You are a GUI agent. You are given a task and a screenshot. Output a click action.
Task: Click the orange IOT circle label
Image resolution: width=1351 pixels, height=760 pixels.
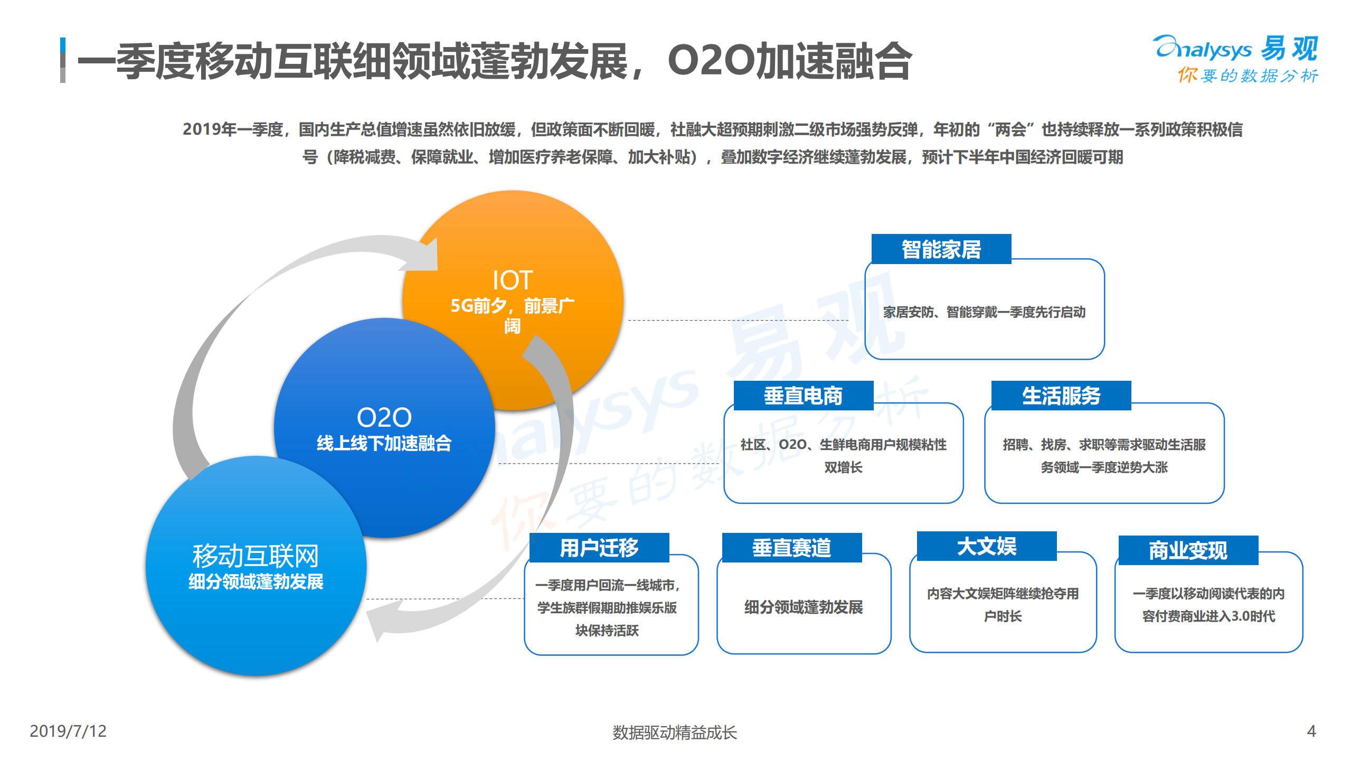pyautogui.click(x=512, y=280)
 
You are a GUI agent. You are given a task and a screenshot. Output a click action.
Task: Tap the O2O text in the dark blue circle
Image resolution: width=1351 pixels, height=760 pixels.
pyautogui.click(x=384, y=418)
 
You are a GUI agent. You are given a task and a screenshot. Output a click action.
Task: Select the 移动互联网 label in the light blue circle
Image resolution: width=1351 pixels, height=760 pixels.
pyautogui.click(x=256, y=556)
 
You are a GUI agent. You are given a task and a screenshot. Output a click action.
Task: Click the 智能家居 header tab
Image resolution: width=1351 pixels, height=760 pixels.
pyautogui.click(x=941, y=249)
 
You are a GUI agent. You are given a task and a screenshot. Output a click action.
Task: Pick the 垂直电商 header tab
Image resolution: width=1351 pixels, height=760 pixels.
pyautogui.click(x=803, y=396)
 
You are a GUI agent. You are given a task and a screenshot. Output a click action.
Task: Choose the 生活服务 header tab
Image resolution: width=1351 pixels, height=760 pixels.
pyautogui.click(x=1061, y=396)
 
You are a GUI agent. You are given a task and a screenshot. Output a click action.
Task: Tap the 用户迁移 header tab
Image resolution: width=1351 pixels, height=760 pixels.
pyautogui.click(x=599, y=548)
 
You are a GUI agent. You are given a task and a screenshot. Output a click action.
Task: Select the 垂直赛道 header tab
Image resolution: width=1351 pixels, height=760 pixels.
pyautogui.click(x=791, y=548)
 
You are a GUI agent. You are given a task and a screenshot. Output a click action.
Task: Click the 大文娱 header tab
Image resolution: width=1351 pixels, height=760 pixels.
pyautogui.click(x=986, y=546)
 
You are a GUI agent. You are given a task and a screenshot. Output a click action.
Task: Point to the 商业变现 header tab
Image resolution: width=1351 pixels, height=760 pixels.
pyautogui.click(x=1188, y=550)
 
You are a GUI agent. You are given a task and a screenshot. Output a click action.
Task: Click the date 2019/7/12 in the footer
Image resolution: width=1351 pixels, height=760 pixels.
pyautogui.click(x=68, y=731)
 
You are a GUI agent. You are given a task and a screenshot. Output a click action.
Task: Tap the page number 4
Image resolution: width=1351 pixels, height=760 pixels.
pyautogui.click(x=1311, y=731)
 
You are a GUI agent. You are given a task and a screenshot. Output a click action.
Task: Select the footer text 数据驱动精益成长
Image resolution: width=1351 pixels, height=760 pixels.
pyautogui.click(x=674, y=732)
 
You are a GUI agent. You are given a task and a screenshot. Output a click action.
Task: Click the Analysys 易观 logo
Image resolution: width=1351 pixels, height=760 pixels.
pyautogui.click(x=1235, y=49)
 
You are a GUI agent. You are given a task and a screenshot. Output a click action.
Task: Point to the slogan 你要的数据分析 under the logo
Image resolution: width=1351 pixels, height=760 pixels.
pyautogui.click(x=1247, y=76)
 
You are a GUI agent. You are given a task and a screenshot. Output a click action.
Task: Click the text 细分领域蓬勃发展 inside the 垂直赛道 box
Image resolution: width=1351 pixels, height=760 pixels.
pyautogui.click(x=804, y=607)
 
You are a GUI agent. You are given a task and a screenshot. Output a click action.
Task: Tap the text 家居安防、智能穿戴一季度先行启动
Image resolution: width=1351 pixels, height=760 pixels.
pyautogui.click(x=984, y=312)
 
